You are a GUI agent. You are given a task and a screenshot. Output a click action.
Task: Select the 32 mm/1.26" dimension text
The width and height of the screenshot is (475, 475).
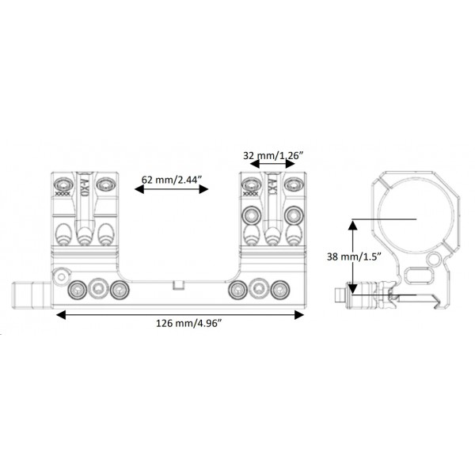click(x=272, y=156)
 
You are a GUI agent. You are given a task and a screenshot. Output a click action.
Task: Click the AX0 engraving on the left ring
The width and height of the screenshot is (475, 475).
click(x=82, y=188)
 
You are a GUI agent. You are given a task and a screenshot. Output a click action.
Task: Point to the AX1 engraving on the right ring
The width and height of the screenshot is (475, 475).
click(x=272, y=188)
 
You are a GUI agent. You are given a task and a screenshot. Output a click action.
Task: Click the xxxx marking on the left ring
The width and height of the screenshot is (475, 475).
click(x=60, y=192)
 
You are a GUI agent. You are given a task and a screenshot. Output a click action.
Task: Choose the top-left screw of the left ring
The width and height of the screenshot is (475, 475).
click(x=62, y=184)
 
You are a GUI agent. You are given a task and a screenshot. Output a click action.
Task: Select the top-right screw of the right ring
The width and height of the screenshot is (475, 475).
click(x=293, y=184)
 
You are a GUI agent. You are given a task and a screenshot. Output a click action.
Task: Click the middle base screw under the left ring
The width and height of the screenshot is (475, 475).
click(x=98, y=289)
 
